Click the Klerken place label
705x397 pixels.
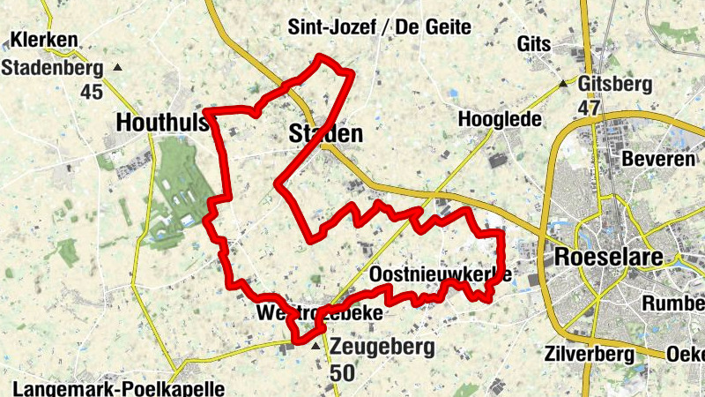pos(43,41)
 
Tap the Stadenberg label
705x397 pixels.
pos(52,67)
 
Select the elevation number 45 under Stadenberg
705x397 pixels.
pos(91,92)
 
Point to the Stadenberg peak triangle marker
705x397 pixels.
pos(118,67)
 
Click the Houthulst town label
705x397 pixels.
pos(164,123)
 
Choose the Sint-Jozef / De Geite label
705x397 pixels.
pos(379,27)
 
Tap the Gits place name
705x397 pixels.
pos(535,44)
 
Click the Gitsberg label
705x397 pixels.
pos(616,85)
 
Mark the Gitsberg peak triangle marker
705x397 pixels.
pos(564,85)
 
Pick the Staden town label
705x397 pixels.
pos(325,134)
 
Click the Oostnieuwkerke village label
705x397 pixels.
pos(438,274)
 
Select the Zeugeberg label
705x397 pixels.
pos(382,347)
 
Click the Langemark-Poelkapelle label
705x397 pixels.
pos(119,388)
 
